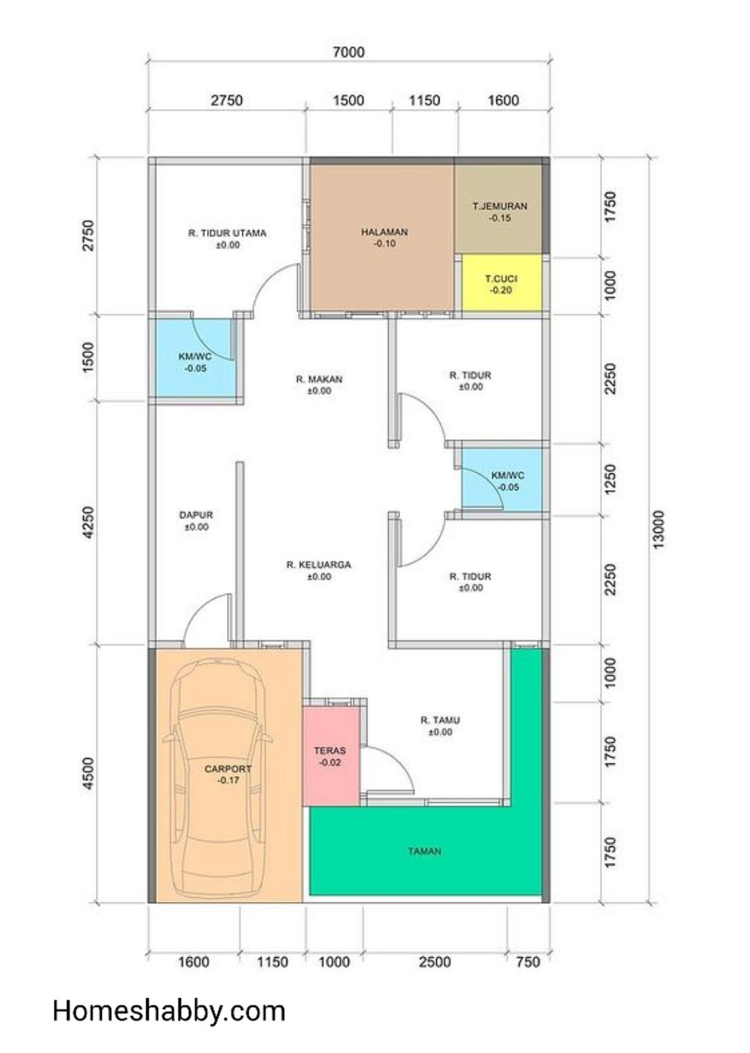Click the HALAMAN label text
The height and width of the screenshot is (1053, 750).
coord(385,231)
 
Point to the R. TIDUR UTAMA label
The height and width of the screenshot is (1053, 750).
coord(228,233)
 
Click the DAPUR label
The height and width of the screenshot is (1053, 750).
coord(196,515)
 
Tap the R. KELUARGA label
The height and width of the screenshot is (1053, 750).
coord(319,565)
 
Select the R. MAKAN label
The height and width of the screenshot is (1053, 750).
coord(319,379)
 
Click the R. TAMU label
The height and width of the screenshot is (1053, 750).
coord(440,720)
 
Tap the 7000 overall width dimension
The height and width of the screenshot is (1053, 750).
coord(349,52)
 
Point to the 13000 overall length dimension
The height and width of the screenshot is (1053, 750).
coord(658,529)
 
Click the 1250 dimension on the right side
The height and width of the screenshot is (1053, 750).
coord(610,479)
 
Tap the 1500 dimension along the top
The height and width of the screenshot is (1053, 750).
coord(349,100)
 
